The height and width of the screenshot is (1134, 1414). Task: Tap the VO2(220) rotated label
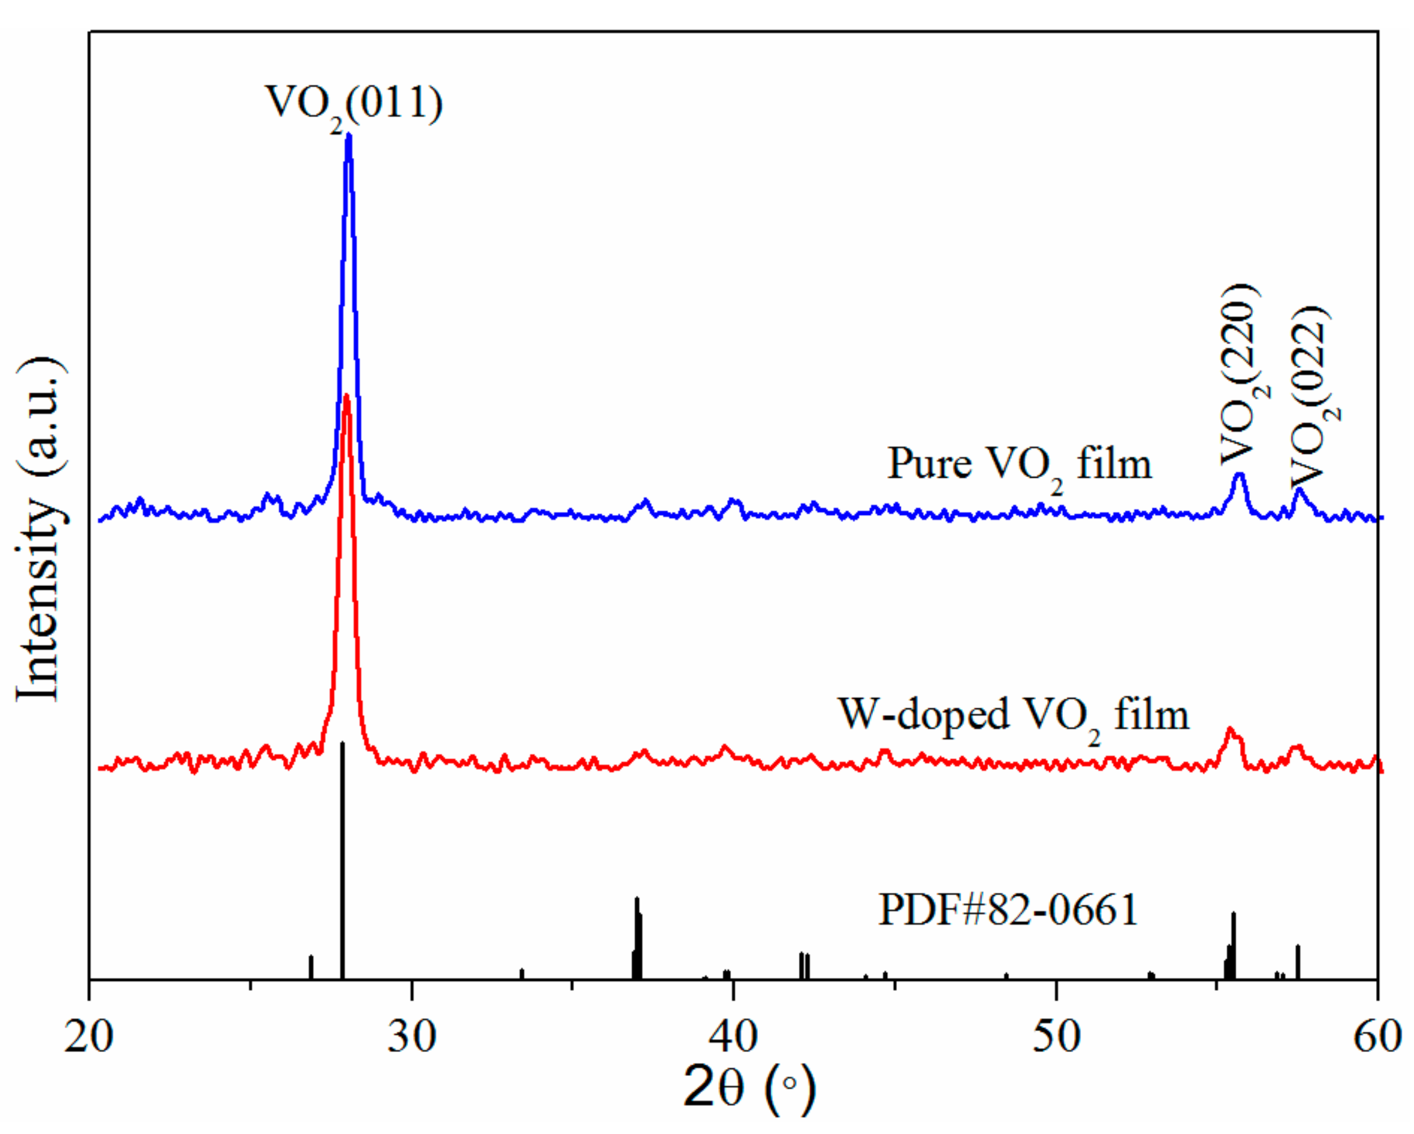[x=1241, y=374]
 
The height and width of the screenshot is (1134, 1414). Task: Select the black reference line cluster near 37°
[x=637, y=937]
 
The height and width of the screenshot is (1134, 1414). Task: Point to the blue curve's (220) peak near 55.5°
[x=1239, y=476]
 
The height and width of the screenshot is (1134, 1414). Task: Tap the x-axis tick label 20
[x=89, y=1037]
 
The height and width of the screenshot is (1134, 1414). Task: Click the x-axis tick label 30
[x=411, y=1037]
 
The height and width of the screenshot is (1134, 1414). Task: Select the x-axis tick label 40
[x=733, y=1037]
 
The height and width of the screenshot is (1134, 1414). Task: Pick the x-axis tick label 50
[x=1056, y=1037]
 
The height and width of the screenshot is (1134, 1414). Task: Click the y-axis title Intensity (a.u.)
[x=40, y=531]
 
